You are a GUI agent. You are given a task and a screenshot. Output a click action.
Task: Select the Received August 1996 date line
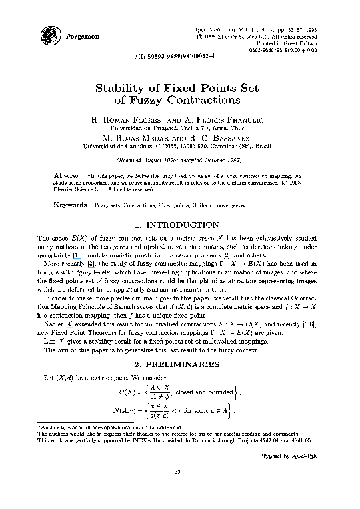click(179, 161)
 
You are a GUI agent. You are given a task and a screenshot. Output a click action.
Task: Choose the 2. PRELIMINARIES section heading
click(179, 364)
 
